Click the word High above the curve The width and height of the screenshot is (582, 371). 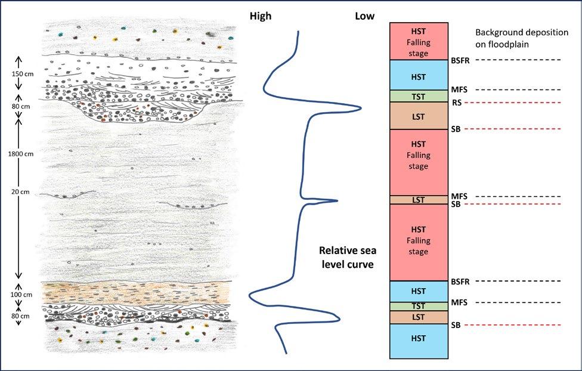pos(260,17)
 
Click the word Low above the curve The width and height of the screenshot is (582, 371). pos(364,17)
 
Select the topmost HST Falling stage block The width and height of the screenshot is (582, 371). pos(419,41)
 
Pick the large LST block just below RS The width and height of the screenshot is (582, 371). pos(419,116)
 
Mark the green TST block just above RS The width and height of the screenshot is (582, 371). pos(419,95)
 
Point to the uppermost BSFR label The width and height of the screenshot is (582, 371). pos(460,60)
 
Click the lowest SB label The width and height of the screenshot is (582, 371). pos(457,325)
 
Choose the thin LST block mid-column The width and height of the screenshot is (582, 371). pos(419,200)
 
